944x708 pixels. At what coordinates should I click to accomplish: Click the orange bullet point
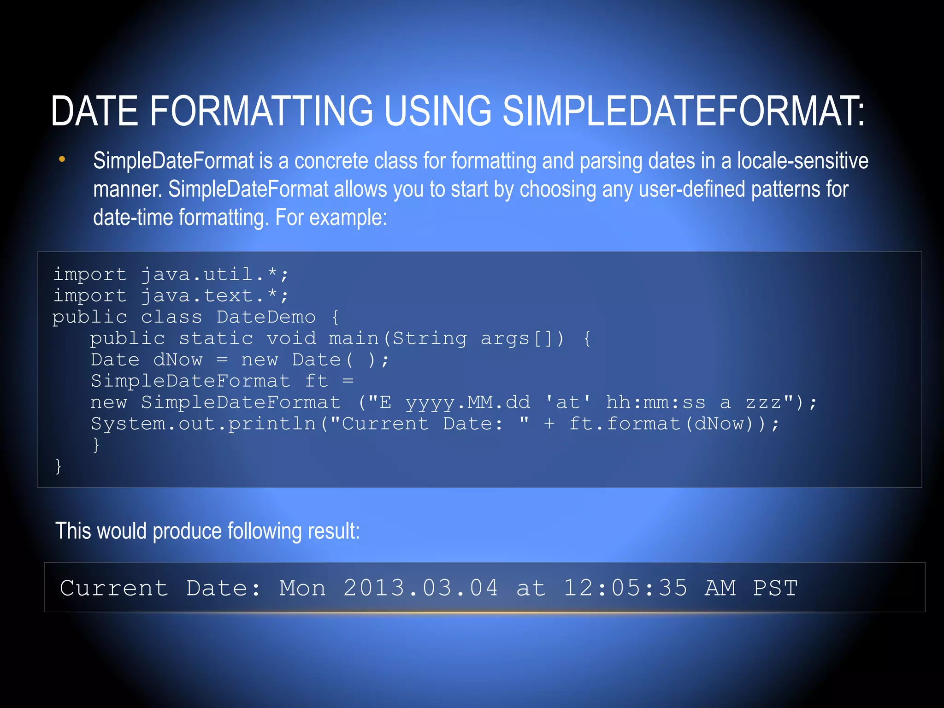pyautogui.click(x=62, y=160)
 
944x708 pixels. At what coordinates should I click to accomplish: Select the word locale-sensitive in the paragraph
pyautogui.click(x=802, y=161)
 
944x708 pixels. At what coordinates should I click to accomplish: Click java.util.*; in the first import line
pyautogui.click(x=214, y=275)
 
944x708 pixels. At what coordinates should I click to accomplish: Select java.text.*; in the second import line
pyautogui.click(x=214, y=296)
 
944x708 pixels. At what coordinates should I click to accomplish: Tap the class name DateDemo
pyautogui.click(x=266, y=317)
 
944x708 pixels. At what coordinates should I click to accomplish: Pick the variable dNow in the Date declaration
pyautogui.click(x=178, y=360)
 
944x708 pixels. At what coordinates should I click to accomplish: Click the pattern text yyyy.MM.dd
pyautogui.click(x=467, y=403)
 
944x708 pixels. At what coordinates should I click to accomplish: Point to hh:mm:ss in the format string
pyautogui.click(x=655, y=403)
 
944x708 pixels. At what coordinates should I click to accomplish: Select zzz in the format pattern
pyautogui.click(x=763, y=403)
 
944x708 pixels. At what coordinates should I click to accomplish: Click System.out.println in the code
pyautogui.click(x=203, y=424)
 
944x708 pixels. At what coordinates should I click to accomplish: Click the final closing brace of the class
pyautogui.click(x=58, y=466)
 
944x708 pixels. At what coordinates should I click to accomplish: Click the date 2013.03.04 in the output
pyautogui.click(x=420, y=589)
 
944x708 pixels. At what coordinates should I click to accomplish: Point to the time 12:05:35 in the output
pyautogui.click(x=625, y=589)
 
